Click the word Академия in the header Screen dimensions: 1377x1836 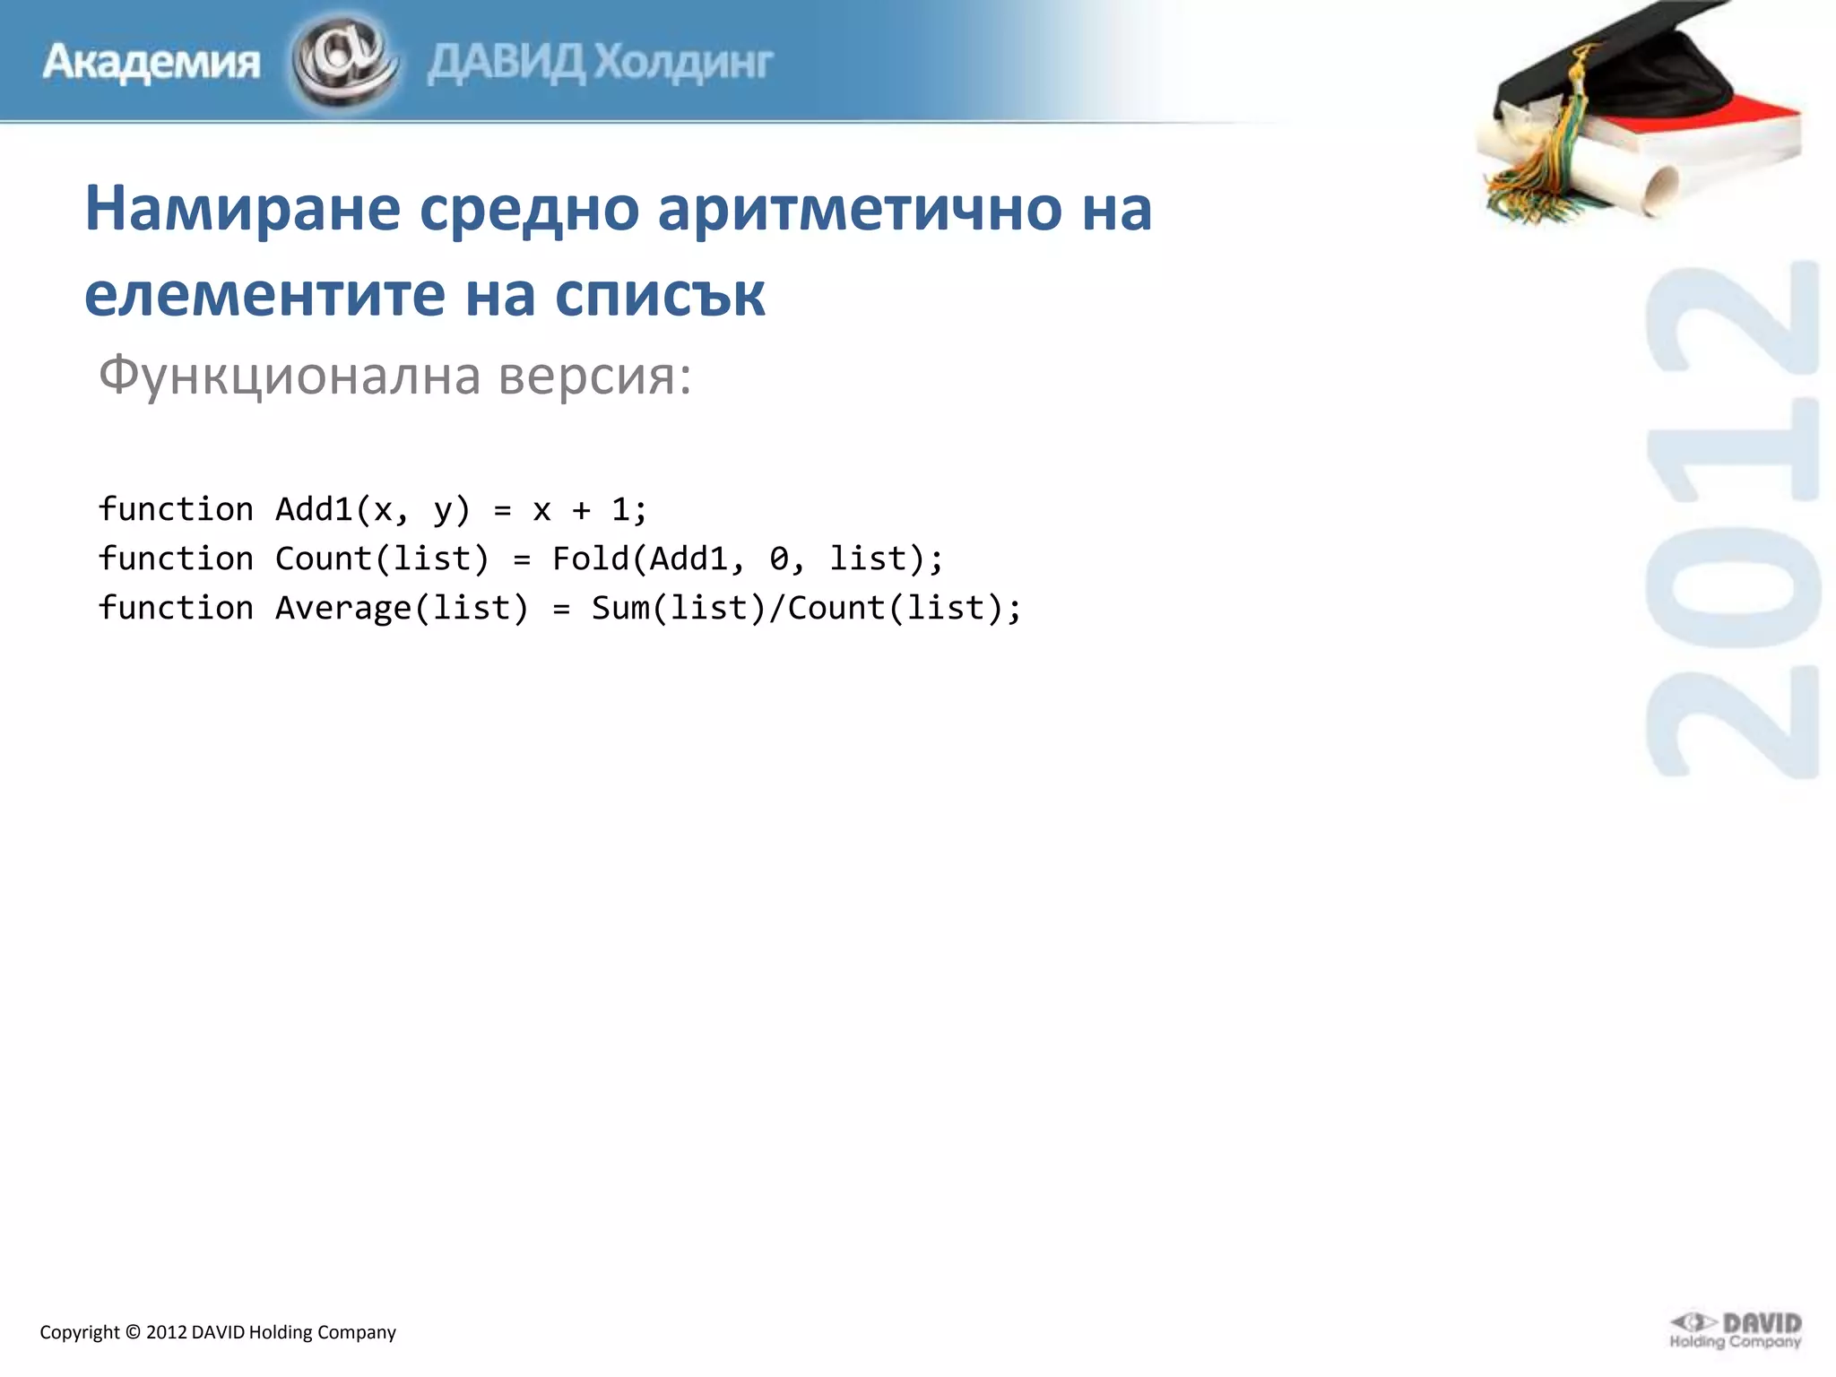(151, 63)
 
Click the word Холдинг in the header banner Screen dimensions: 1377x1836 (683, 63)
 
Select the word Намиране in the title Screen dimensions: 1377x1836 (242, 208)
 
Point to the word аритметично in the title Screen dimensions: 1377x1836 (860, 208)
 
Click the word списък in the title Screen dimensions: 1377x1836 (660, 294)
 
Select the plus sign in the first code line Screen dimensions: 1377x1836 (581, 510)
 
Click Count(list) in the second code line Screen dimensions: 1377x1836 (382, 559)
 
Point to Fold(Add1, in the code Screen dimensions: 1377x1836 (648, 559)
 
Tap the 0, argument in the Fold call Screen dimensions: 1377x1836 (786, 559)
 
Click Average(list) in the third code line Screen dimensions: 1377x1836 (402, 608)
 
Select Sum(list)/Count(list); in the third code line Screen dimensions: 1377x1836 (806, 608)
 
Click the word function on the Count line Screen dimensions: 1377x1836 (176, 559)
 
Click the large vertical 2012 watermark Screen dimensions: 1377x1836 (1732, 520)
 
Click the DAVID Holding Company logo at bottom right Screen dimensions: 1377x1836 (1736, 1329)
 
